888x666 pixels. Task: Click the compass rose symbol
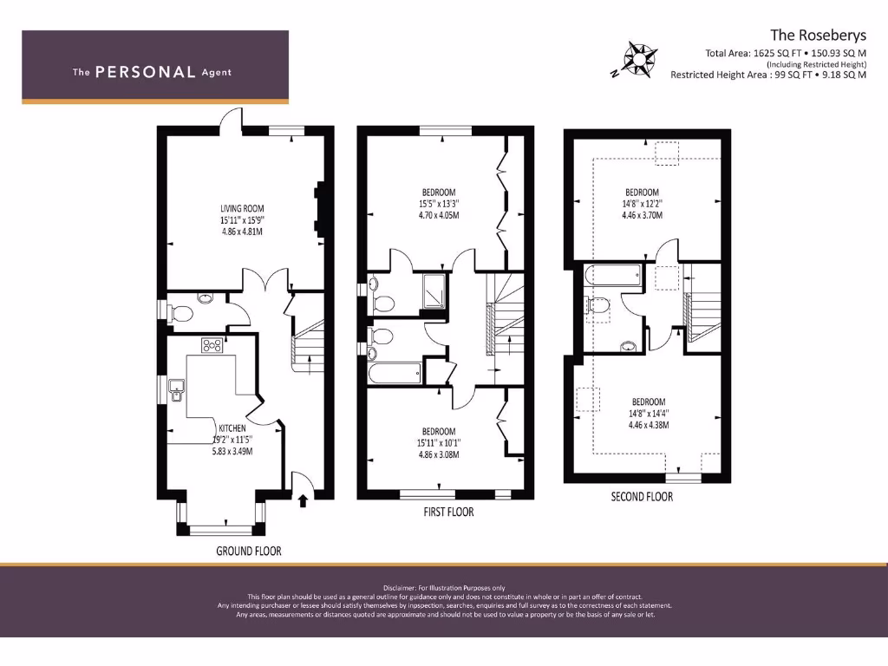click(637, 59)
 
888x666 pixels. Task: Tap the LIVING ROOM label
click(241, 208)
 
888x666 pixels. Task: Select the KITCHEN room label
click(232, 428)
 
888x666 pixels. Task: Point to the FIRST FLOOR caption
click(448, 512)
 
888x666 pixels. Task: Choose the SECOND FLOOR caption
click(642, 497)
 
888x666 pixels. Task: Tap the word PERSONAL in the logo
click(144, 72)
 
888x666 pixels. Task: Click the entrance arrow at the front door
click(303, 499)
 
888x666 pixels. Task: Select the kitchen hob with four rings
click(212, 345)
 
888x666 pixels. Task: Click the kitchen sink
click(175, 390)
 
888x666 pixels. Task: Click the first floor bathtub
click(395, 374)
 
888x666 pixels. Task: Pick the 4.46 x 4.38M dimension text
click(649, 425)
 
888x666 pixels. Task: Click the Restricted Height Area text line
click(767, 75)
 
